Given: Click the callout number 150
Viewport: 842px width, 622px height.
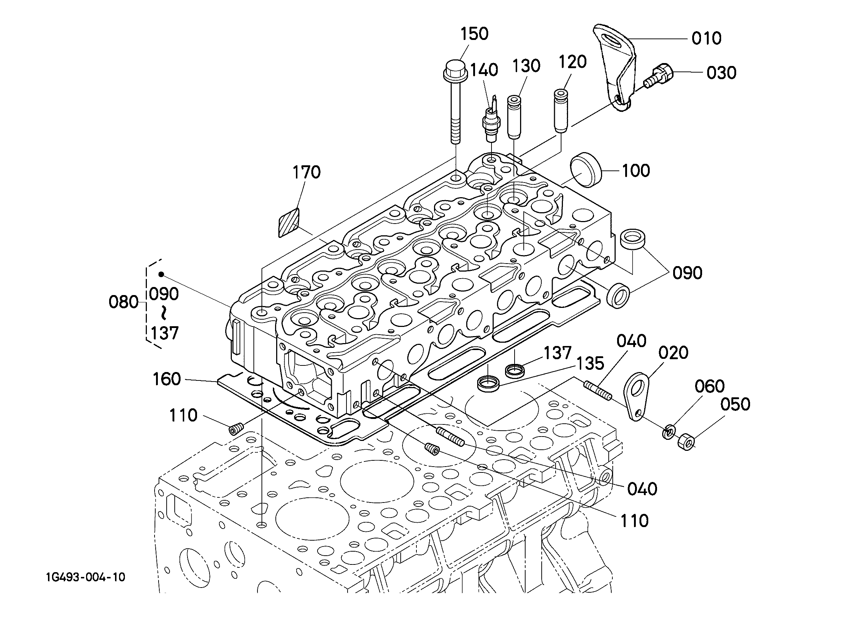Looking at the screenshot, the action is (x=474, y=34).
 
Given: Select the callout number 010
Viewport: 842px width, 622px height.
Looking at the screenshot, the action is (x=706, y=38).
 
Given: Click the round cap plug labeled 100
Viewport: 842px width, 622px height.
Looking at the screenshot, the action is (x=586, y=170).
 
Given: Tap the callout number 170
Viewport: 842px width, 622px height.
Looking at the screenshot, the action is (x=307, y=172).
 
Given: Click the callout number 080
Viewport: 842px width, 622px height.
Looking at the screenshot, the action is (x=123, y=302).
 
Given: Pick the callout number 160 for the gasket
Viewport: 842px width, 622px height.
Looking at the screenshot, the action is (x=167, y=379).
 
